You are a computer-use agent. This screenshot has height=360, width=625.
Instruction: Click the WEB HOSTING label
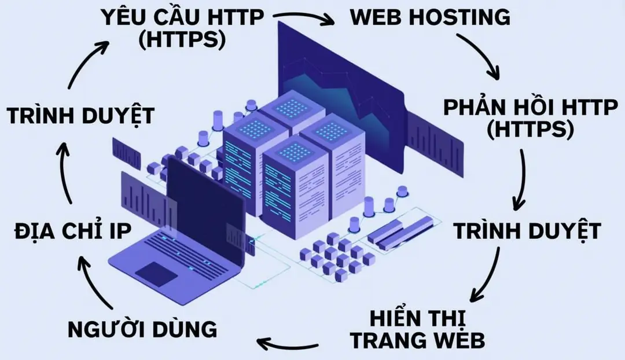pos(431,17)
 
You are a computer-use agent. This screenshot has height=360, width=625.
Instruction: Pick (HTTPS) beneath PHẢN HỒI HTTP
pos(529,130)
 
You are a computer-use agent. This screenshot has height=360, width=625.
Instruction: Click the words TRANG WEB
pos(418,341)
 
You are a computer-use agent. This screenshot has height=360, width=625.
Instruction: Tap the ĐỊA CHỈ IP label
pos(72,232)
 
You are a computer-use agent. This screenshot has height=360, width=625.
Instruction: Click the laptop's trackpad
pos(156,273)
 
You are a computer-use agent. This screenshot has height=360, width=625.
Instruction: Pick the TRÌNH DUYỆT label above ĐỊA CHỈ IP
pos(81,115)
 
